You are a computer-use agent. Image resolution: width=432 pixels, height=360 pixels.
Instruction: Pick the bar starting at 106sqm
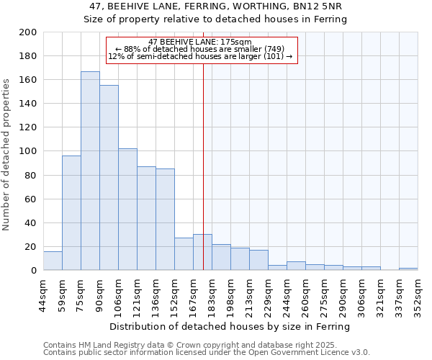tap(127, 209)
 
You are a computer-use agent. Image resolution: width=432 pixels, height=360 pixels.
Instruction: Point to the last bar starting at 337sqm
tap(408, 269)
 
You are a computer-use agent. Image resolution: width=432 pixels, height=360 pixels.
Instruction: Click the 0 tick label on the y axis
tap(33, 271)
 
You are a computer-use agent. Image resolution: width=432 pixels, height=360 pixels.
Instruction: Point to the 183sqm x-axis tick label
tap(212, 294)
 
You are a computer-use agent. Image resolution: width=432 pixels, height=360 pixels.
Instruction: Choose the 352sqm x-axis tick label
tap(418, 294)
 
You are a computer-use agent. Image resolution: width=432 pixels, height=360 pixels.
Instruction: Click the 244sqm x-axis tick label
tap(287, 294)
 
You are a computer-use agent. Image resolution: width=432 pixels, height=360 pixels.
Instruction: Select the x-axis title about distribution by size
tap(230, 326)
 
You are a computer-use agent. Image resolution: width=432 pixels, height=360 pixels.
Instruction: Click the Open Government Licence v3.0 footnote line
tap(207, 352)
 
